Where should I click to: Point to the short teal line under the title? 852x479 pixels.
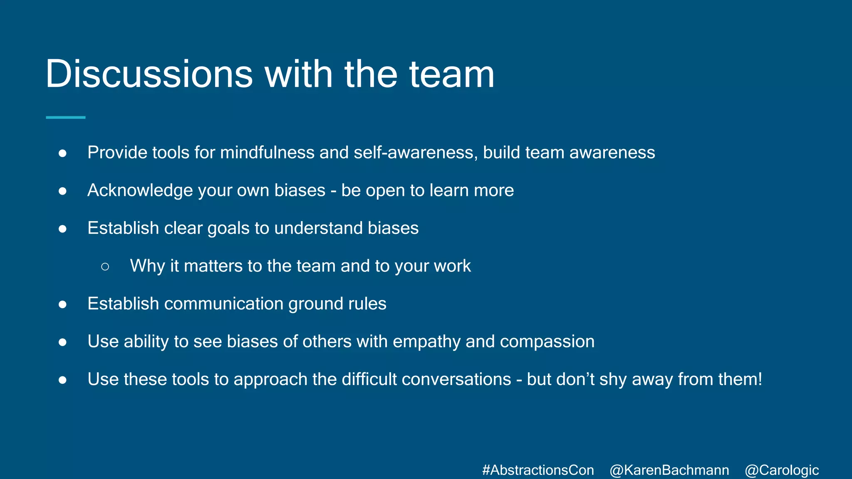(65, 118)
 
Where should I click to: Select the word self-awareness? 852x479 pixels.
(416, 153)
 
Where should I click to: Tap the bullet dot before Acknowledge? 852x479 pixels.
(63, 191)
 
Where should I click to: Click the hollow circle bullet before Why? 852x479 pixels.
(105, 267)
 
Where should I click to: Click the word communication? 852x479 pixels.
(224, 304)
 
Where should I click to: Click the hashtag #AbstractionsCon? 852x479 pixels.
(538, 470)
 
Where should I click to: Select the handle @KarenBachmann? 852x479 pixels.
(669, 470)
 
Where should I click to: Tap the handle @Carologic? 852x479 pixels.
(782, 470)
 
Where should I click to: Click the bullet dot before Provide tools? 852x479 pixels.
(63, 153)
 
